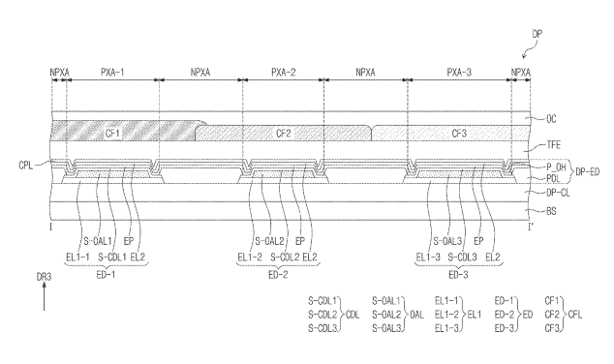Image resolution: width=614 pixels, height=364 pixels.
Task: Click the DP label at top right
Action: click(537, 34)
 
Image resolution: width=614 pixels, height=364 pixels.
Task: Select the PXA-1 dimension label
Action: click(112, 72)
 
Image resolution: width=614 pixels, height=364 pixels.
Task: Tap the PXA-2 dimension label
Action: click(284, 72)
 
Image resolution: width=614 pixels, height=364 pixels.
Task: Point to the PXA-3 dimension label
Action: click(459, 72)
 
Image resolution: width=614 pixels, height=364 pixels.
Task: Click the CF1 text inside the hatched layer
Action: click(112, 134)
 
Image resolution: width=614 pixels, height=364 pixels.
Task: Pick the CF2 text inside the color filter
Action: click(284, 134)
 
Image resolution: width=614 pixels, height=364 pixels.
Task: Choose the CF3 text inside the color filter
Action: click(459, 134)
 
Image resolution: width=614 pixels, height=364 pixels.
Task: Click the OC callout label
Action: click(551, 119)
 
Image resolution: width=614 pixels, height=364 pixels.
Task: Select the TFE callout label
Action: click(554, 145)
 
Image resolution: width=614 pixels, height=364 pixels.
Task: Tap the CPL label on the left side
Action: click(26, 166)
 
